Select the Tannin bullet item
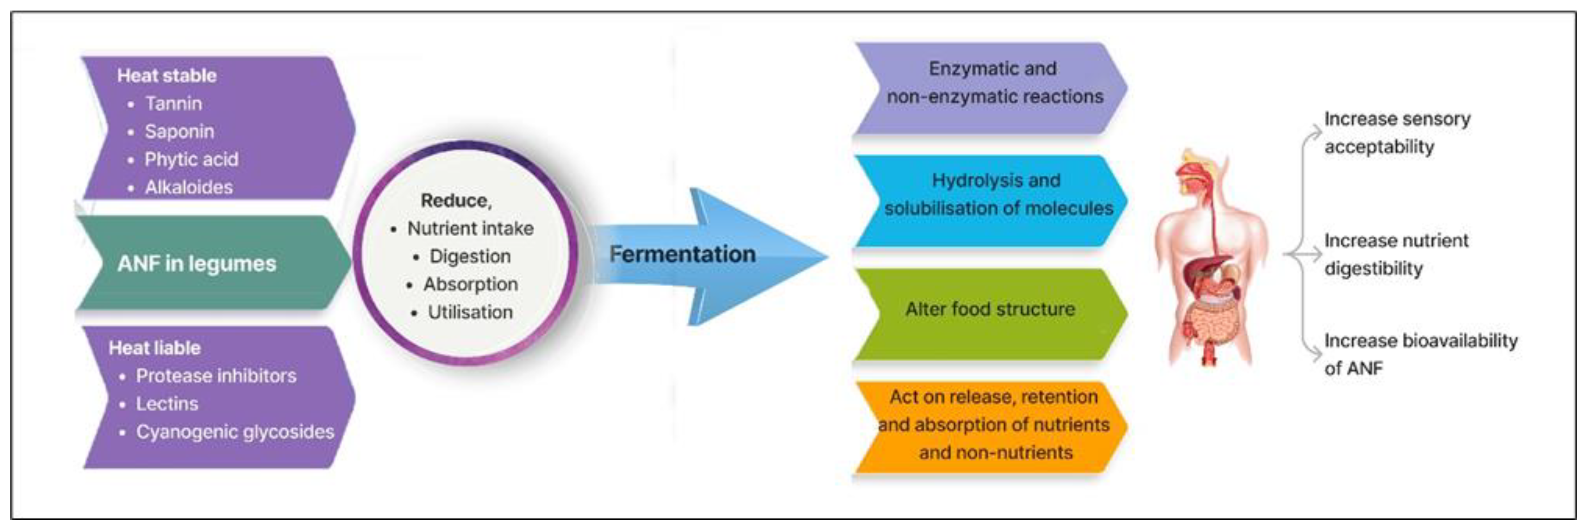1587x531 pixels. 173,103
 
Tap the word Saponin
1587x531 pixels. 179,131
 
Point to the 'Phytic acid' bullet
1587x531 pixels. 191,160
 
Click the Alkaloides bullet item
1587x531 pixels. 189,187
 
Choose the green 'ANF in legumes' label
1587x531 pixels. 197,264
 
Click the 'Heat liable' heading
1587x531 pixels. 154,348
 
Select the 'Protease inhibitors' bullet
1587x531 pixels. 215,376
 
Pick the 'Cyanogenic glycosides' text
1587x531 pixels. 235,432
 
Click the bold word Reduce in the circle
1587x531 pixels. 455,201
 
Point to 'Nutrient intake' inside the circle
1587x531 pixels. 470,228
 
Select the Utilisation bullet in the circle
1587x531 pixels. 470,312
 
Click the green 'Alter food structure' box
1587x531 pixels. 990,309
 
